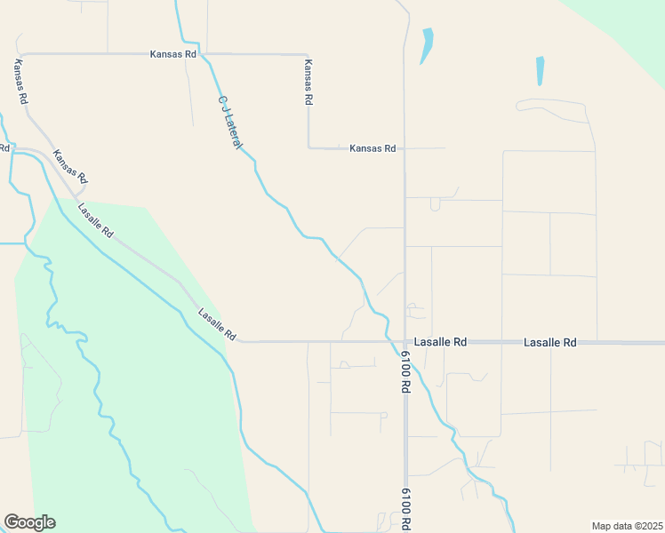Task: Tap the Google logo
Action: point(29,522)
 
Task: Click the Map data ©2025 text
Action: point(627,526)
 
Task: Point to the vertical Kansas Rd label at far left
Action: point(20,81)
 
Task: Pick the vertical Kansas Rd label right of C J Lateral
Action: point(308,84)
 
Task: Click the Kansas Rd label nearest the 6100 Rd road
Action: point(373,148)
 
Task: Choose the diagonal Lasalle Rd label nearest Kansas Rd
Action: point(95,221)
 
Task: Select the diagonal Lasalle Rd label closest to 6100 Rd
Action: point(217,324)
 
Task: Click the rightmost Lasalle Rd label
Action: point(550,342)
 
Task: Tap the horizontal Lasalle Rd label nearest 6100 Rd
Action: point(441,342)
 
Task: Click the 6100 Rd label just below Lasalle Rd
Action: point(405,371)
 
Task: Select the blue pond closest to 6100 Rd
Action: point(427,44)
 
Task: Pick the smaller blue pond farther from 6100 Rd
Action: point(540,70)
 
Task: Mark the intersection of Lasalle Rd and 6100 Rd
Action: point(405,341)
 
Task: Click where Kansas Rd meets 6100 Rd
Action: point(405,148)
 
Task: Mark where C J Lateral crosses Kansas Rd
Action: point(204,54)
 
